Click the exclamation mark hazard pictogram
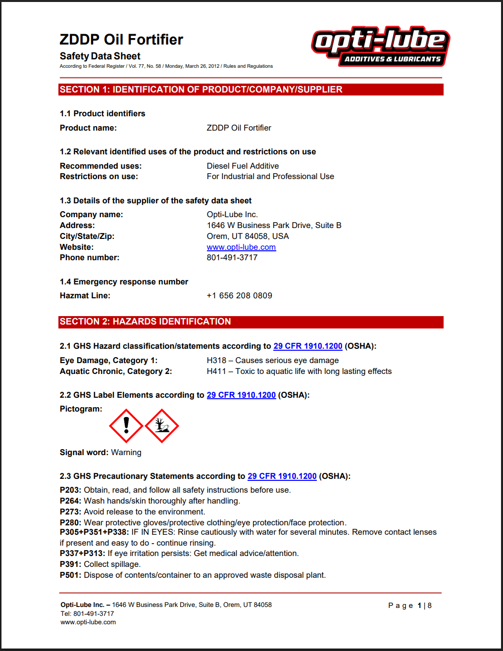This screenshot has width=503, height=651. pos(126,425)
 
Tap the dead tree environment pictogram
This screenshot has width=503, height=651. pos(161,425)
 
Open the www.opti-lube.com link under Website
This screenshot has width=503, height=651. pos(241,247)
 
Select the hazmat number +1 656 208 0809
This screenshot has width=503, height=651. pos(239,295)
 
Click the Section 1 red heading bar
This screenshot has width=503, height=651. pos(251,90)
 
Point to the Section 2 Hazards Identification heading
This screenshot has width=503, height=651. pos(145,322)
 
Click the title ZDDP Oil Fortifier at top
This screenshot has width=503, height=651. pos(121,40)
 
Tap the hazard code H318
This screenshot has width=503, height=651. pos(216,360)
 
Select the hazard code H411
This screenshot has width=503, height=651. pos(216,371)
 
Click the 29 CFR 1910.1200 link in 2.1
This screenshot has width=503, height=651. pos(307,346)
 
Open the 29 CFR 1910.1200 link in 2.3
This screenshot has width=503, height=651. pos(282,476)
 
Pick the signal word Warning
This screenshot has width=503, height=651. pos(126,452)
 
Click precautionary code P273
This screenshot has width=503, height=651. pos(70,511)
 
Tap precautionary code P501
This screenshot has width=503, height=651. pos(70,575)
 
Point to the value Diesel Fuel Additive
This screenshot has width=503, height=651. pos(243,166)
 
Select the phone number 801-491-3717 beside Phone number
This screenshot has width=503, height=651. pos(232,257)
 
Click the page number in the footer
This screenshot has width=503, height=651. pos(419,605)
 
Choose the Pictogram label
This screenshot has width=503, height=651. pos(81,409)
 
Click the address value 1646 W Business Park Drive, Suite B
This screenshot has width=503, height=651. pos(274,225)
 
